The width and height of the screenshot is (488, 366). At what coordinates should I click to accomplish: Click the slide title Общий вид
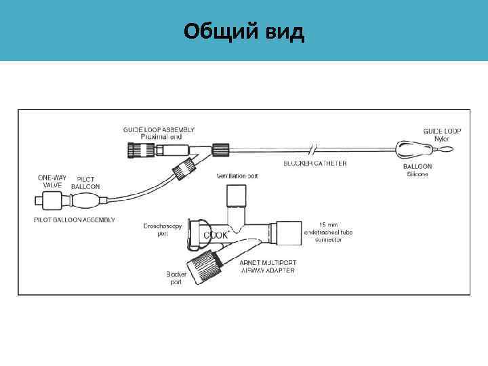pos(244,30)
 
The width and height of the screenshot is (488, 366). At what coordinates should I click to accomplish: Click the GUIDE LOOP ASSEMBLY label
pos(159,131)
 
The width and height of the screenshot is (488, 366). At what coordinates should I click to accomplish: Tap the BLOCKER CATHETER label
pos(314,163)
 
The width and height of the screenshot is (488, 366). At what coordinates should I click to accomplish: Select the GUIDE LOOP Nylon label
pos(441,134)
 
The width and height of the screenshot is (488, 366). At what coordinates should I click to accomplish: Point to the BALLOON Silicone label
pos(418,170)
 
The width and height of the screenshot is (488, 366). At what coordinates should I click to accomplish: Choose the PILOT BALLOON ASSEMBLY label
pos(74,220)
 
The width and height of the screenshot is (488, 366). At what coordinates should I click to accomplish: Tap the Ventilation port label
pos(237,176)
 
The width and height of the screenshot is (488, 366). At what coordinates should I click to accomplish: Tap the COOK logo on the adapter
pos(216,234)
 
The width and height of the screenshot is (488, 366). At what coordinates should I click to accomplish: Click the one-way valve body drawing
pos(48,201)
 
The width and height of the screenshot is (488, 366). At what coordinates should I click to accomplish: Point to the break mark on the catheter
pos(312,148)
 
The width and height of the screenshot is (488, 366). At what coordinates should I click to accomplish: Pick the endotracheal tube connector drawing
pos(288,233)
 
